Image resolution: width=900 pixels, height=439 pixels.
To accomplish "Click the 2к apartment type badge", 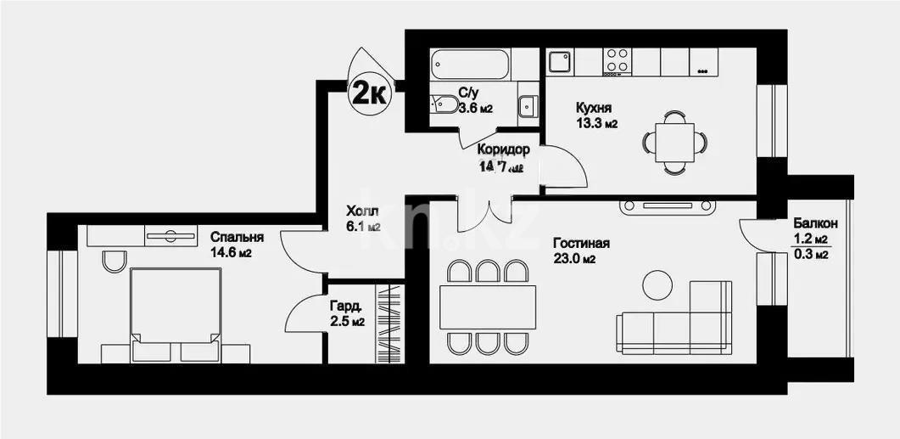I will pyautogui.click(x=368, y=92).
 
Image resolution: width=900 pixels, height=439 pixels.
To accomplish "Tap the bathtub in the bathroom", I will pyautogui.click(x=470, y=64).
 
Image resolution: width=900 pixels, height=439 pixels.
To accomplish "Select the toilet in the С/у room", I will pyautogui.click(x=444, y=104).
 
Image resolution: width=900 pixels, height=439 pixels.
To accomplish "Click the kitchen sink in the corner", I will pyautogui.click(x=558, y=61).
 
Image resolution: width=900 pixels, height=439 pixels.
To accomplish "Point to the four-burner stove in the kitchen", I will pyautogui.click(x=618, y=60).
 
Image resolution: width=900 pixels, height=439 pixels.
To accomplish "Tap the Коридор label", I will pyautogui.click(x=503, y=149).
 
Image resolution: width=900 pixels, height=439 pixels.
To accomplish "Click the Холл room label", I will pyautogui.click(x=361, y=211).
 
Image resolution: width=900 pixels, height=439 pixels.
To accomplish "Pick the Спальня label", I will pyautogui.click(x=237, y=238).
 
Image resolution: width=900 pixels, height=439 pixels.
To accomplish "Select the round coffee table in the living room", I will pyautogui.click(x=657, y=285).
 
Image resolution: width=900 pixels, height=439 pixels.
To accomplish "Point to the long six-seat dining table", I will pyautogui.click(x=488, y=306).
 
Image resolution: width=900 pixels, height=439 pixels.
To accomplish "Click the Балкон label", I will pyautogui.click(x=815, y=223).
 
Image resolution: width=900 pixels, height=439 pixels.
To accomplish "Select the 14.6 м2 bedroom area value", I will pyautogui.click(x=231, y=253).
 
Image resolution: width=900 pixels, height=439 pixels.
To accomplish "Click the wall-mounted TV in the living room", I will pyautogui.click(x=668, y=205).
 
